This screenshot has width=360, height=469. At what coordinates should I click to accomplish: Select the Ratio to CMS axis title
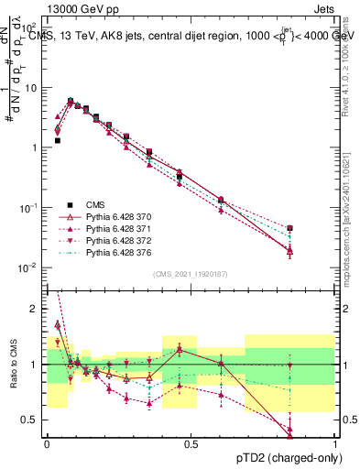[12, 363]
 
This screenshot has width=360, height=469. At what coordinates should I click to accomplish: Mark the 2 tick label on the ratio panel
[36, 309]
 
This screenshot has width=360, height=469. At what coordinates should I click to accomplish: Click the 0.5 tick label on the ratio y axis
[31, 420]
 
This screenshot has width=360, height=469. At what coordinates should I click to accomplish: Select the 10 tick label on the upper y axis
[32, 88]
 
